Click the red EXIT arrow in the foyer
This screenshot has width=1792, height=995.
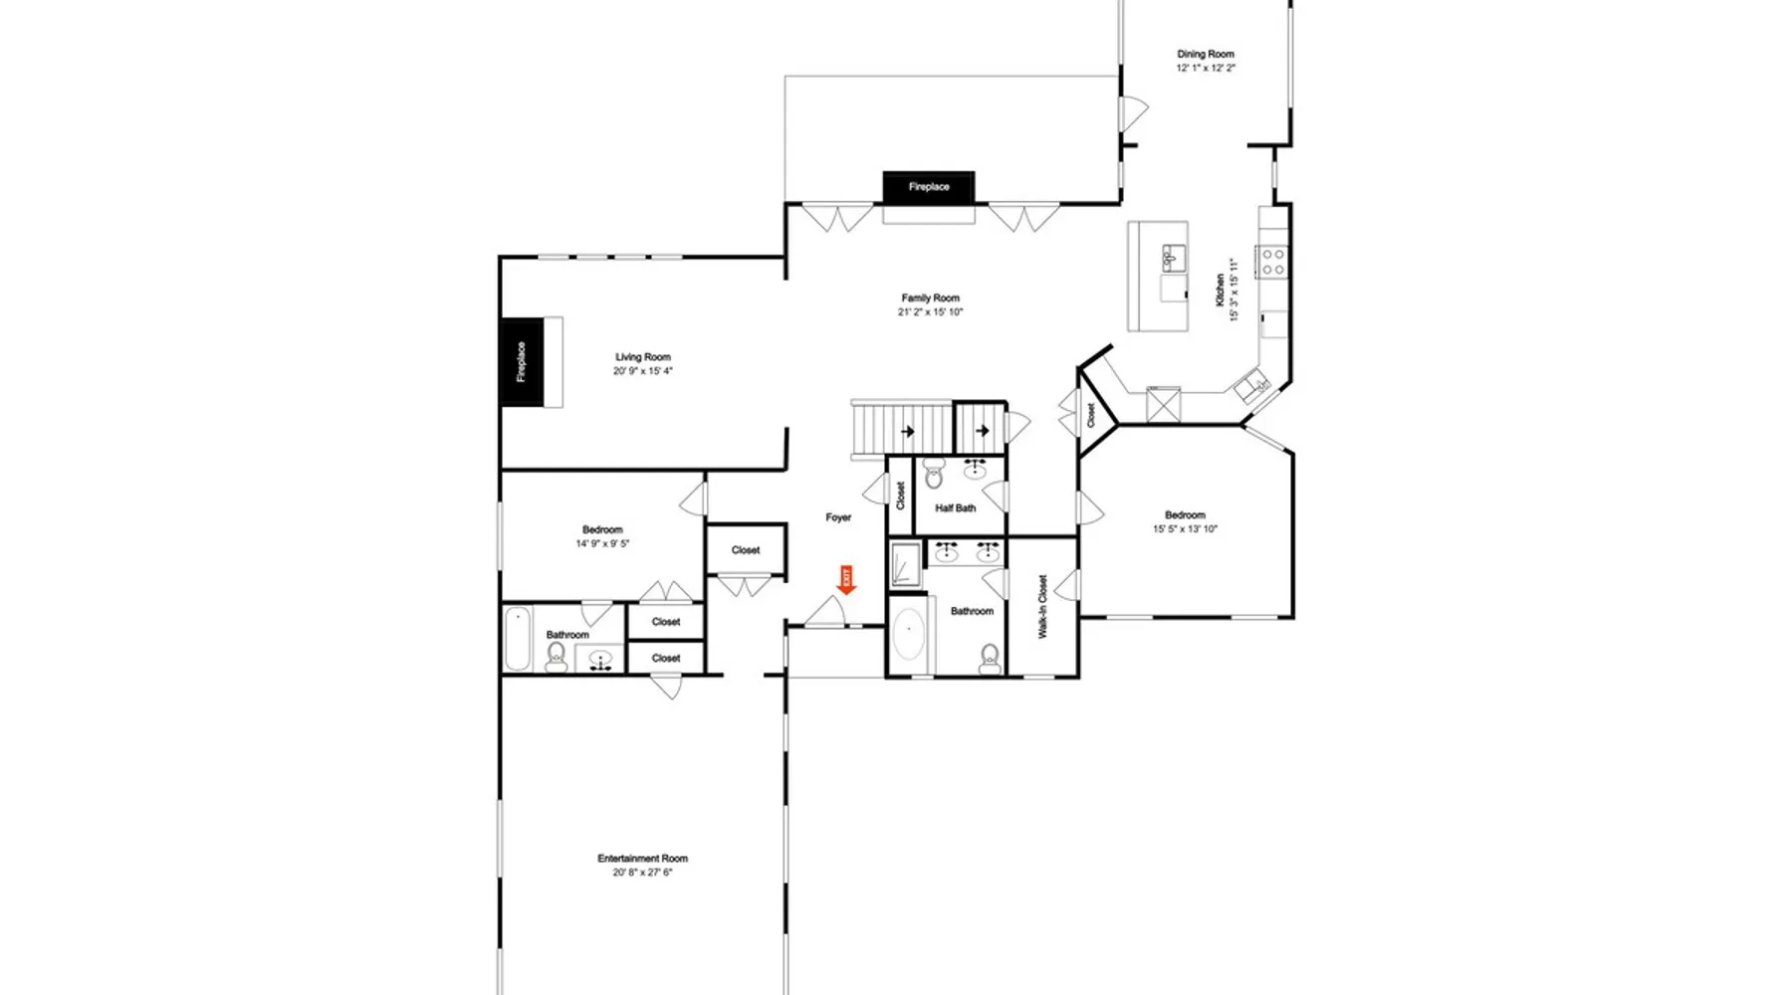(846, 580)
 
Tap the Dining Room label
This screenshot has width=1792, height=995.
(1206, 55)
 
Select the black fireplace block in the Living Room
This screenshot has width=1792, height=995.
(522, 362)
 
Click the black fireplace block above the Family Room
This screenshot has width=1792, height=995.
(928, 187)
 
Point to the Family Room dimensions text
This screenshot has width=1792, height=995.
(931, 312)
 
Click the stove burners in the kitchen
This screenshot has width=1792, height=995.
(1273, 262)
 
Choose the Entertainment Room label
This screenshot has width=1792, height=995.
(642, 859)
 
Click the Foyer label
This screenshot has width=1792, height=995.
(838, 517)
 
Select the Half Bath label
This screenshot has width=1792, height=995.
(956, 508)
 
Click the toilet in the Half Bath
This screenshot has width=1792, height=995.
(933, 476)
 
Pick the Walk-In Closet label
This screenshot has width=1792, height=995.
(1042, 606)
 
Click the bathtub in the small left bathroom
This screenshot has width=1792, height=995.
(517, 638)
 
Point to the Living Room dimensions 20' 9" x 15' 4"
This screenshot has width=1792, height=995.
(643, 371)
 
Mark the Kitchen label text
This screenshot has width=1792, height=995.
(1221, 290)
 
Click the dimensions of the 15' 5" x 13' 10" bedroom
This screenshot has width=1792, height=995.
(1185, 529)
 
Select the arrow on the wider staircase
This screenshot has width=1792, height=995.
(908, 432)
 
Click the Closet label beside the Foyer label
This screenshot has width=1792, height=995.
(901, 496)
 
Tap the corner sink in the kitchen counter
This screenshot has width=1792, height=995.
(1251, 384)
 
